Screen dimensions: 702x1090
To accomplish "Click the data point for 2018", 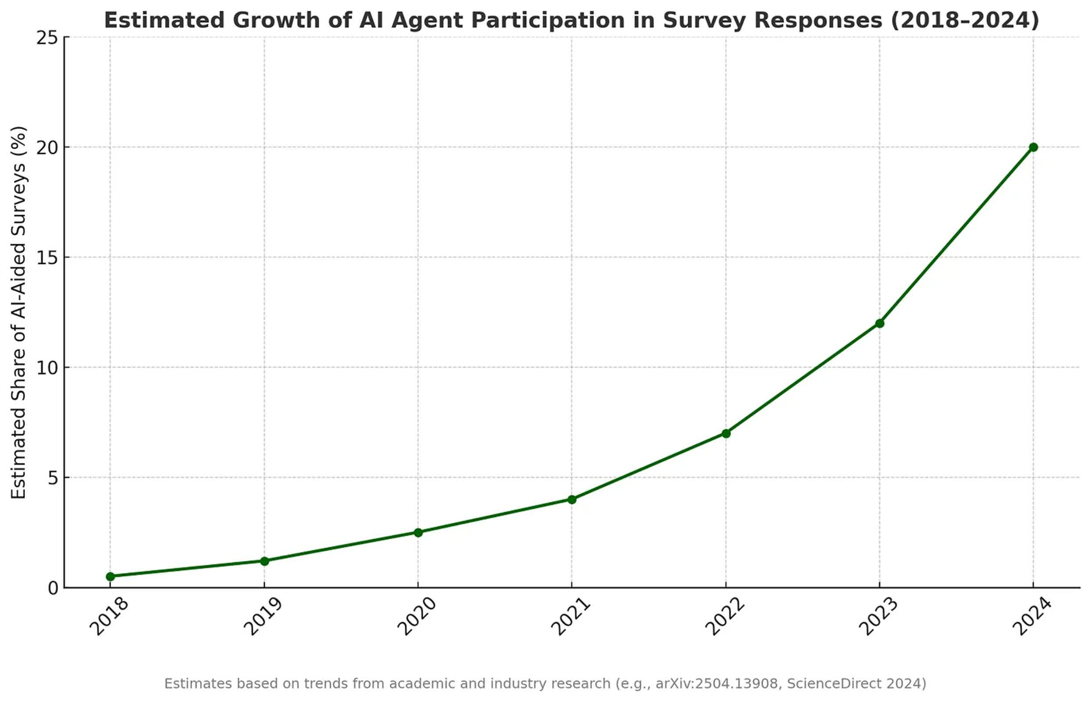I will pyautogui.click(x=110, y=577).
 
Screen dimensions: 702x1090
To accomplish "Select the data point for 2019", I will pyautogui.click(x=265, y=561).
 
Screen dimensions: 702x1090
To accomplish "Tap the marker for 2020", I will pyautogui.click(x=418, y=533).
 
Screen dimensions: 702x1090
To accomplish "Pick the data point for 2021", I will pyautogui.click(x=572, y=500).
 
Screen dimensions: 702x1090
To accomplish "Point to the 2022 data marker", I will pyautogui.click(x=726, y=433).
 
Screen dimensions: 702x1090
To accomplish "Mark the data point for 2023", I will pyautogui.click(x=880, y=323).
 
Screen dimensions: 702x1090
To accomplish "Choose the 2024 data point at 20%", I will pyautogui.click(x=1033, y=147).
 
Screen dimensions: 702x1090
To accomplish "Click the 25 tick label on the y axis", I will pyautogui.click(x=47, y=38).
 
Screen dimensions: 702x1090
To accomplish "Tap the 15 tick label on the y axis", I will pyautogui.click(x=47, y=258).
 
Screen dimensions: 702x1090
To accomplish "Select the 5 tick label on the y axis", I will pyautogui.click(x=53, y=478).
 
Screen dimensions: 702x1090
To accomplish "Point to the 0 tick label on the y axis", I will pyautogui.click(x=53, y=588).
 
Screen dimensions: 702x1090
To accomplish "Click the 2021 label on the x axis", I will pyautogui.click(x=570, y=618).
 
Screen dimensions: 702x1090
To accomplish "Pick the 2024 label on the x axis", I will pyautogui.click(x=1031, y=618).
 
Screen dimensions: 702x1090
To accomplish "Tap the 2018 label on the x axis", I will pyautogui.click(x=108, y=618).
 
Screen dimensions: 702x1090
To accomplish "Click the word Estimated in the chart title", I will pyautogui.click(x=165, y=21).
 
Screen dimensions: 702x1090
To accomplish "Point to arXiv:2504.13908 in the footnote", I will pyautogui.click(x=716, y=684).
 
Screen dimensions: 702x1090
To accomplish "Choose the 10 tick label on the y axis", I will pyautogui.click(x=47, y=368).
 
